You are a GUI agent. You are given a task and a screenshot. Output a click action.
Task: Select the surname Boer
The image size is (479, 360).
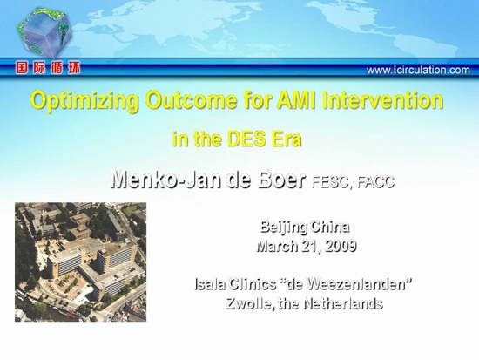click(281, 179)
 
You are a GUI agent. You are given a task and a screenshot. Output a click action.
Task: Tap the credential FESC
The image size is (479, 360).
click(332, 182)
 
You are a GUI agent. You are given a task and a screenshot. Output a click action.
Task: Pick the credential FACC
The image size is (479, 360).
click(375, 182)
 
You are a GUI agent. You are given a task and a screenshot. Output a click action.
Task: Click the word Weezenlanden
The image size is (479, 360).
click(357, 284)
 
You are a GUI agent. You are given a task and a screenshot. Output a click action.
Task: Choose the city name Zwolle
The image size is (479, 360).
click(248, 304)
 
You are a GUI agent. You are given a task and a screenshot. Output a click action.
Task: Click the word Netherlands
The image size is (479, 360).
click(343, 303)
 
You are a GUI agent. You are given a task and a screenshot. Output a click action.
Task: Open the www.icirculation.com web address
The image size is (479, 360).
click(418, 70)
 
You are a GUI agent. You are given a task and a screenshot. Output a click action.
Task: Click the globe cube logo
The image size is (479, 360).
click(44, 32)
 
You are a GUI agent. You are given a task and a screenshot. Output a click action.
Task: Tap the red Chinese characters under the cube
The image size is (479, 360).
click(48, 68)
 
